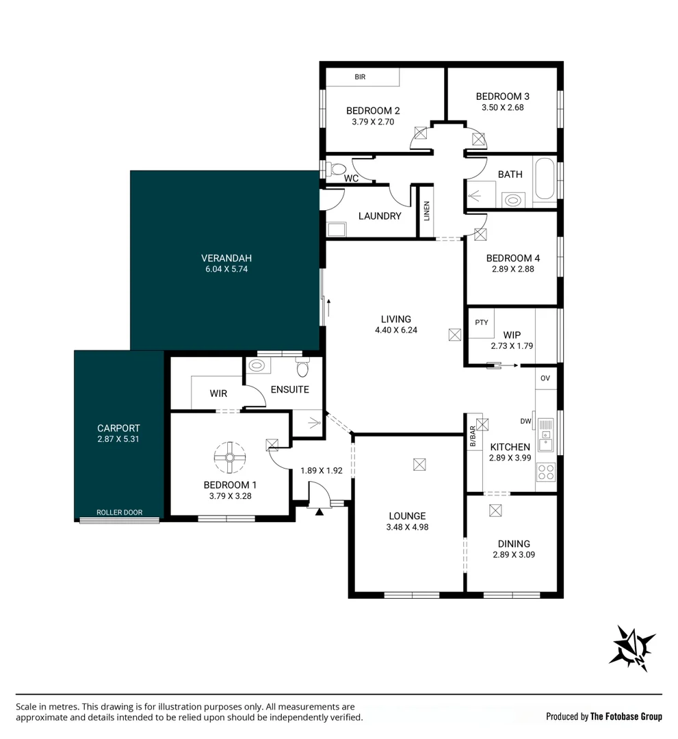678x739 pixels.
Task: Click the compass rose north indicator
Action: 632,648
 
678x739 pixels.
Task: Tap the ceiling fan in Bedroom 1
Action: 229,457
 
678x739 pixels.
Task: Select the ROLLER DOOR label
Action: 119,513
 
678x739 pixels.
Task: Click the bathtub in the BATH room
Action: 545,179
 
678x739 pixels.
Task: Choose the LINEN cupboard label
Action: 426,211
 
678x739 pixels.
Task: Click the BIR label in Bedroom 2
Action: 360,77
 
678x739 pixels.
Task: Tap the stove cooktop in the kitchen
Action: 546,471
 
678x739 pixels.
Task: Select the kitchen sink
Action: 546,435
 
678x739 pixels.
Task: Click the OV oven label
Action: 545,378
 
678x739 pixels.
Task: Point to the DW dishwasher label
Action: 526,422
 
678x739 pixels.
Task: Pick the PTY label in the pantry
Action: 482,322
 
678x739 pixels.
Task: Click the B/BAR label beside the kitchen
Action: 473,437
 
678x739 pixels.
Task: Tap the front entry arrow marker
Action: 320,511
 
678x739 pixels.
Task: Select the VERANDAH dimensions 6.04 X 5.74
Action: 226,269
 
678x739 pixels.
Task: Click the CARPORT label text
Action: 118,428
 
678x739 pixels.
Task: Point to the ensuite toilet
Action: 302,367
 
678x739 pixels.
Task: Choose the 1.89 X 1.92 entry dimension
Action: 322,470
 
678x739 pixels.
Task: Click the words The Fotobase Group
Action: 626,716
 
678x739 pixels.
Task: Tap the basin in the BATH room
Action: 512,200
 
